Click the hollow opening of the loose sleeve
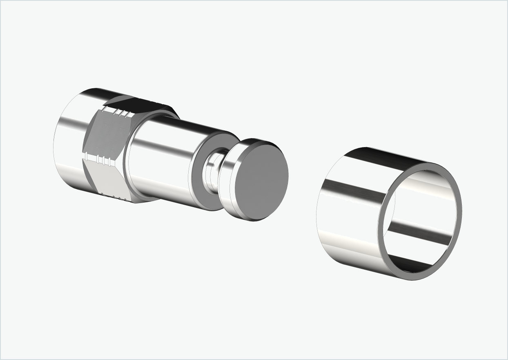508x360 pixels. click(421, 221)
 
